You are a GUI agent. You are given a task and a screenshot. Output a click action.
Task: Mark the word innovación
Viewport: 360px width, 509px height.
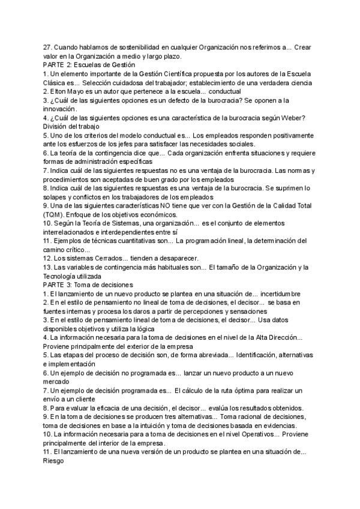click(x=60, y=109)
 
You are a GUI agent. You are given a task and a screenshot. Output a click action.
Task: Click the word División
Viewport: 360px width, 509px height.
click(x=58, y=126)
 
